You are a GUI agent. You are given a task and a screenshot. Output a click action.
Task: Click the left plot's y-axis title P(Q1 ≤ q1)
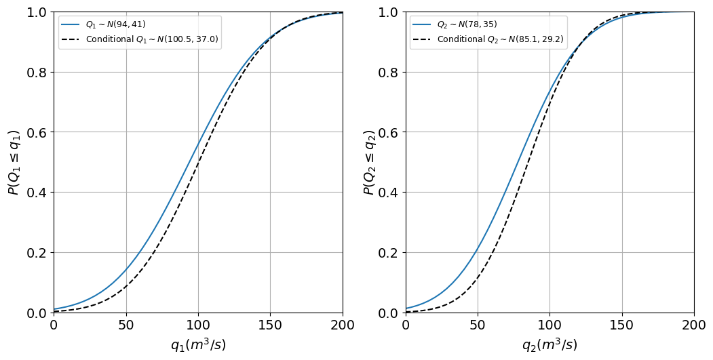point(14,162)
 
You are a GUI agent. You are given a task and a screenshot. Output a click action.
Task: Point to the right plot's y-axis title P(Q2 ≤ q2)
point(370,162)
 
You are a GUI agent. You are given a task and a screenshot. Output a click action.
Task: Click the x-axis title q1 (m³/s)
point(198,345)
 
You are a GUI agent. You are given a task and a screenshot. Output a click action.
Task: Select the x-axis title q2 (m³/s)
point(550,345)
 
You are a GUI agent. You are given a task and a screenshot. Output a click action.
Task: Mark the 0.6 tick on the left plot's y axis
point(37,132)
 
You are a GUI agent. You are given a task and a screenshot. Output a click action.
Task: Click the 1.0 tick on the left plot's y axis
point(37,12)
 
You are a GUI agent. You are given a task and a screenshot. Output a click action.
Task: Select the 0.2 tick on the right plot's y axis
point(388,253)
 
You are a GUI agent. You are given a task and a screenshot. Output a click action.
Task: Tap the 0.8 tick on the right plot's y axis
point(388,73)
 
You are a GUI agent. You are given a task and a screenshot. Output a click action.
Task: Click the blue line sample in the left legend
point(71,24)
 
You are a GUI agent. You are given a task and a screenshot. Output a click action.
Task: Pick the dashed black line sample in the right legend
point(423,39)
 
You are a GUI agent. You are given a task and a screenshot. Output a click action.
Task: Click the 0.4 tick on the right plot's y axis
point(388,193)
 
